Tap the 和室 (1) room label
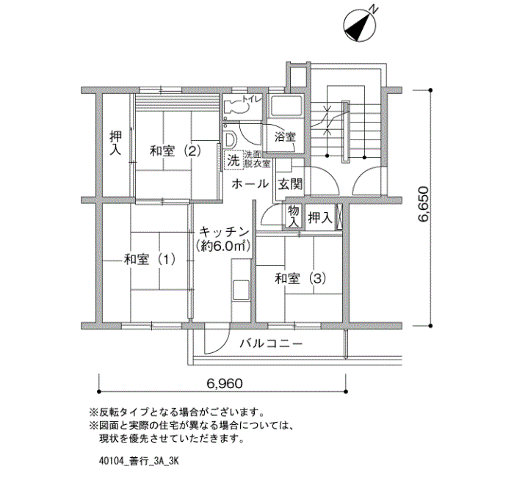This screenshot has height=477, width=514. point(150,260)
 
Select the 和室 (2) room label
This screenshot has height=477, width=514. point(175,151)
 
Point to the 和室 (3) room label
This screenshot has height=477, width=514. point(300,279)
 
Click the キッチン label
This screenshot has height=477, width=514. point(224,233)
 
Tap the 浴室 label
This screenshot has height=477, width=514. point(285,136)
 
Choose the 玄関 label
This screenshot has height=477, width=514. point(290,184)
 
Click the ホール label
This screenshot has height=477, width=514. point(250,184)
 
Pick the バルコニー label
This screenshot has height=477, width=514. point(271,343)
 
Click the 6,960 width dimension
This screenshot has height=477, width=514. point(225,383)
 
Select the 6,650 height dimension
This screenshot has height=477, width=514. point(423,204)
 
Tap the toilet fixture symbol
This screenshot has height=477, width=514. point(235,106)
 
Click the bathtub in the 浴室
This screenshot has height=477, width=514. point(286,106)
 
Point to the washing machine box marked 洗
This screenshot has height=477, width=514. point(234,160)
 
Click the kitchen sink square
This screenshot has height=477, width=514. point(241,289)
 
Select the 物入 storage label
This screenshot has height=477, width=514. point(294,216)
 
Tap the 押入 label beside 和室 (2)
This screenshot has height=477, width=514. point(115,143)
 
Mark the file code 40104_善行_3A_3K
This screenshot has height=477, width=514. point(139,462)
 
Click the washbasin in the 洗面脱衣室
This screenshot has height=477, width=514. point(230,139)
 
